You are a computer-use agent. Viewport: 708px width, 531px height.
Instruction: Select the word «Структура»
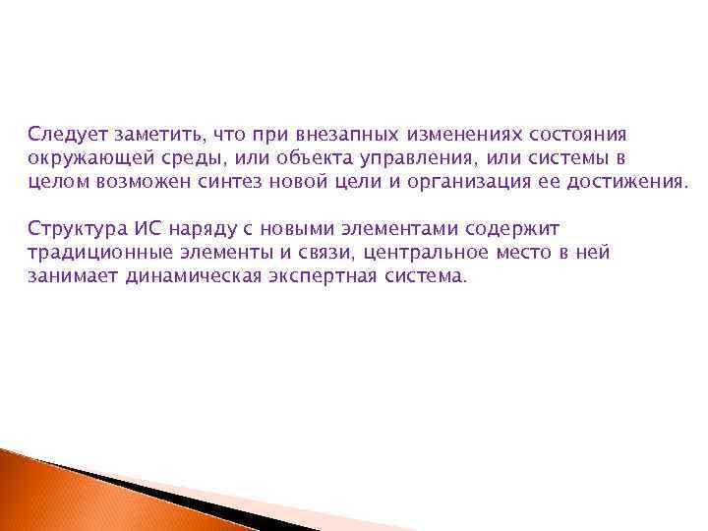[x=73, y=229]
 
